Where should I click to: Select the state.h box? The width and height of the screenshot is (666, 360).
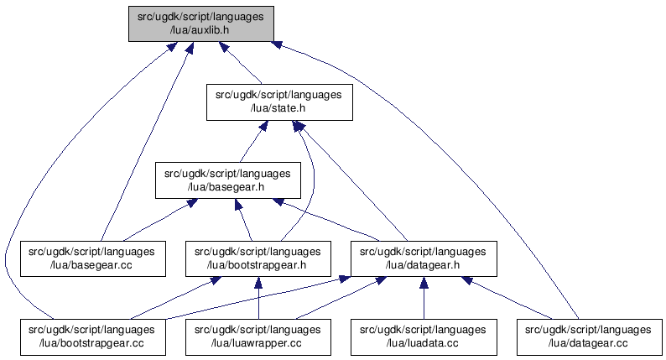pos(278,102)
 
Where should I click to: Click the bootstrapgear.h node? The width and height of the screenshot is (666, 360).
pos(257,258)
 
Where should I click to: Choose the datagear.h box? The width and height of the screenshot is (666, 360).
pos(423,258)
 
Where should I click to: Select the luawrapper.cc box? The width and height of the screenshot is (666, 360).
pos(257,336)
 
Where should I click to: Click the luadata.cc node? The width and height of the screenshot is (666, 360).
pos(423,336)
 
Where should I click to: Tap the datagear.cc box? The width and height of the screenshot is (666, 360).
pos(588,336)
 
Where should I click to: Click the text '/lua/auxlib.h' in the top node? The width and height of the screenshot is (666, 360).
pos(200,29)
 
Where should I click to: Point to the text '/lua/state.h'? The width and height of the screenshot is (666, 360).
pos(278,108)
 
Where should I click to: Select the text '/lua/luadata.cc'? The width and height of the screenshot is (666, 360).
pos(423,342)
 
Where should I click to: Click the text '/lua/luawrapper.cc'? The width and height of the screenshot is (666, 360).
pos(257,342)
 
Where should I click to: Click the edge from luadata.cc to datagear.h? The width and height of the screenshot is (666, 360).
pos(423,298)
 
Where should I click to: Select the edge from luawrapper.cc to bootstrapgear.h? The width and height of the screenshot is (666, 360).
pos(258,298)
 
